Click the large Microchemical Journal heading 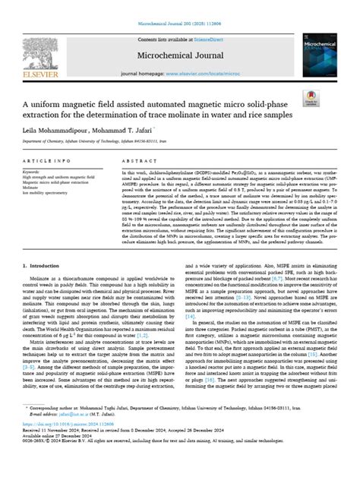click(x=179, y=55)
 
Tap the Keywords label click(x=31, y=172)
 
